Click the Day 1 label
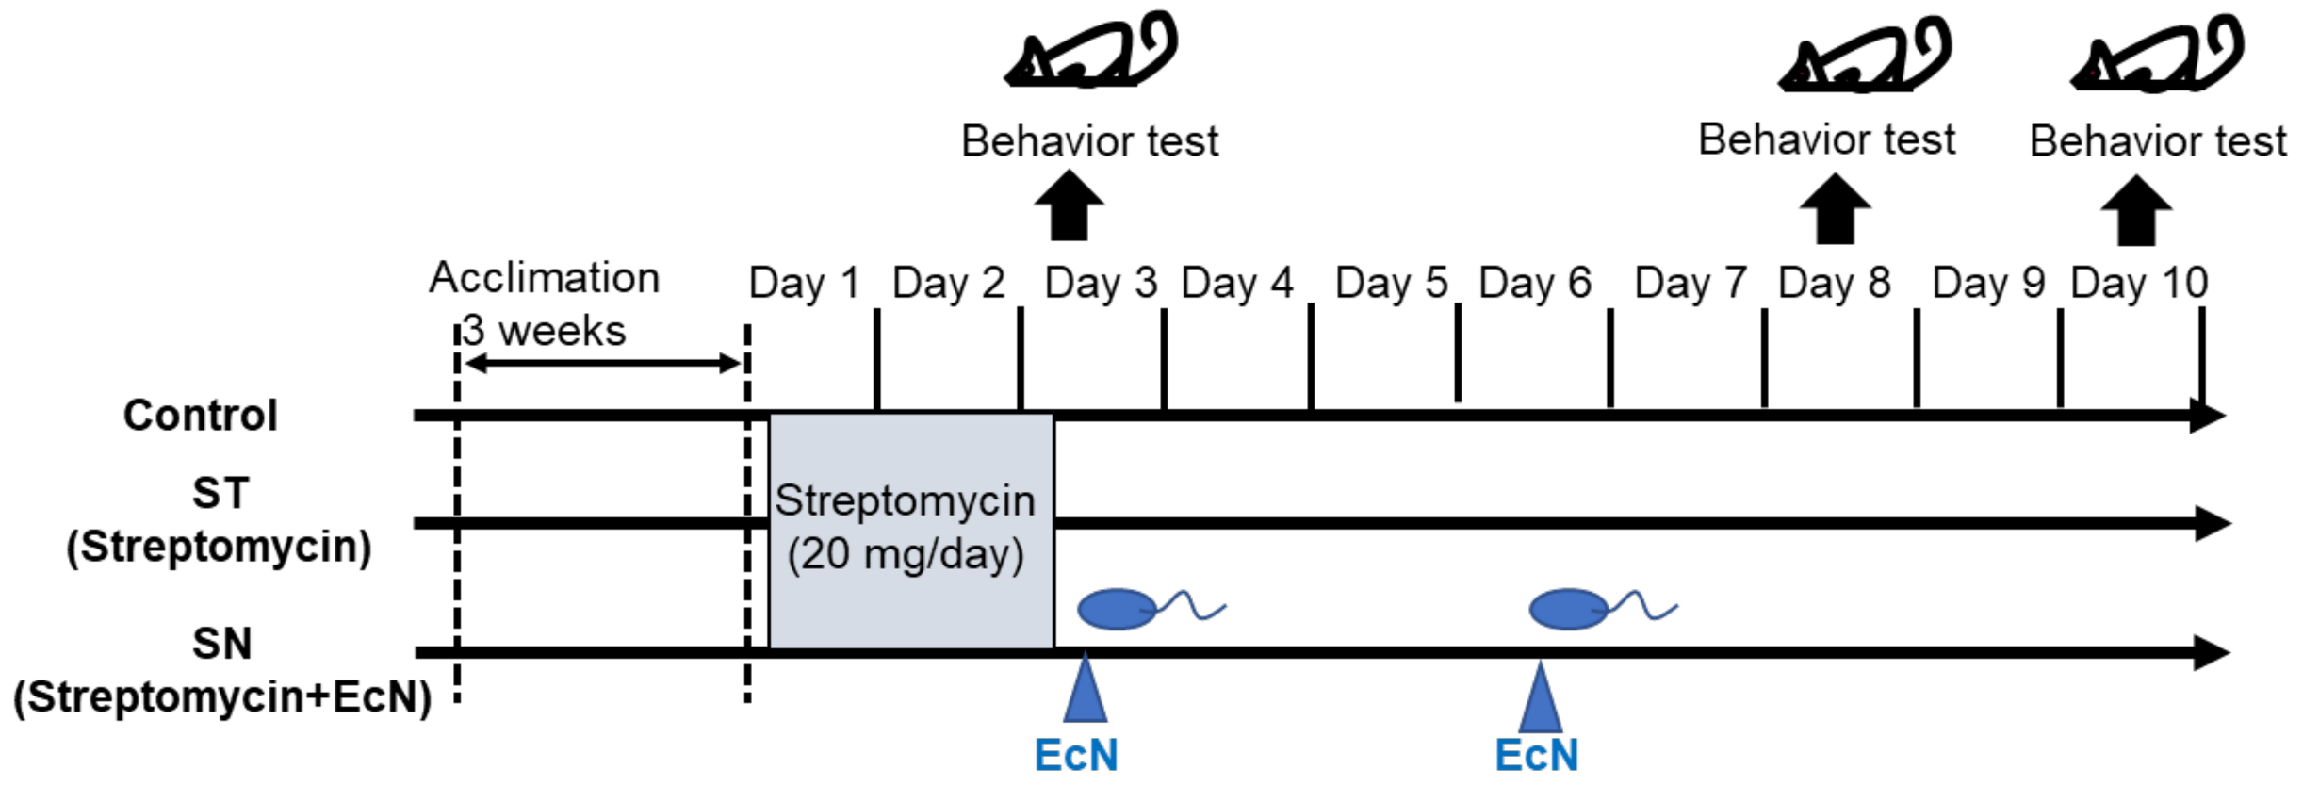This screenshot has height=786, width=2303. pos(804,283)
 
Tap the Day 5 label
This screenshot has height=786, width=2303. pos(1391,283)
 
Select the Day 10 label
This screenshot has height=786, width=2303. pos(2139,283)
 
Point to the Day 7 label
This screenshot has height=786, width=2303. pos(1690,283)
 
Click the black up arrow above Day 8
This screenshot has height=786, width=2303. pos(1835,209)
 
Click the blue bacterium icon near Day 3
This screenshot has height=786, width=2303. pos(1119,609)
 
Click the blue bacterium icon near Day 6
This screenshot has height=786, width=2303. pos(1570,609)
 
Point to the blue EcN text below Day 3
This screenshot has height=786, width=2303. pos(1076,755)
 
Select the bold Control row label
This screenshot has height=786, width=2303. pos(200,416)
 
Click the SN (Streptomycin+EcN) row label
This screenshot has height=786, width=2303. pos(222,671)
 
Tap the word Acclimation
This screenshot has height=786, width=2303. pos(544,278)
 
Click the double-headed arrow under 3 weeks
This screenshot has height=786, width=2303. pos(603,364)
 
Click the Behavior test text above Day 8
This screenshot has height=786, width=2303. pos(1826,139)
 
